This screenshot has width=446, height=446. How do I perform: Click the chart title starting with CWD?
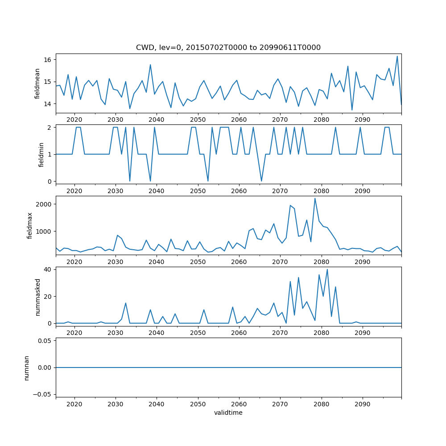coord(228,47)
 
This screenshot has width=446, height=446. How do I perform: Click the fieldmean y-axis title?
coord(37,83)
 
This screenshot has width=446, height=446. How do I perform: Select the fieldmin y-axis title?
coord(41,154)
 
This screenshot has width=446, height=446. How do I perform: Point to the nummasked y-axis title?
coord(37,297)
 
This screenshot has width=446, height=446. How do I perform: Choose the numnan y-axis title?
coord(26,368)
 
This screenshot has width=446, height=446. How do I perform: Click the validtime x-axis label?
coord(228,413)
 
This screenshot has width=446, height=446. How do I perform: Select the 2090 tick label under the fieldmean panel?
coord(362,120)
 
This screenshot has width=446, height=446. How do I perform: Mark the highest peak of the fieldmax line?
coord(315,198)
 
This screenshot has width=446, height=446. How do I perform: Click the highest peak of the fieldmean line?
coord(397,56)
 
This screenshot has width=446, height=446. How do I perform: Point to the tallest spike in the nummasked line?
coord(327,269)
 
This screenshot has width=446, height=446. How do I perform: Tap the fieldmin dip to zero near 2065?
coord(261,181)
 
